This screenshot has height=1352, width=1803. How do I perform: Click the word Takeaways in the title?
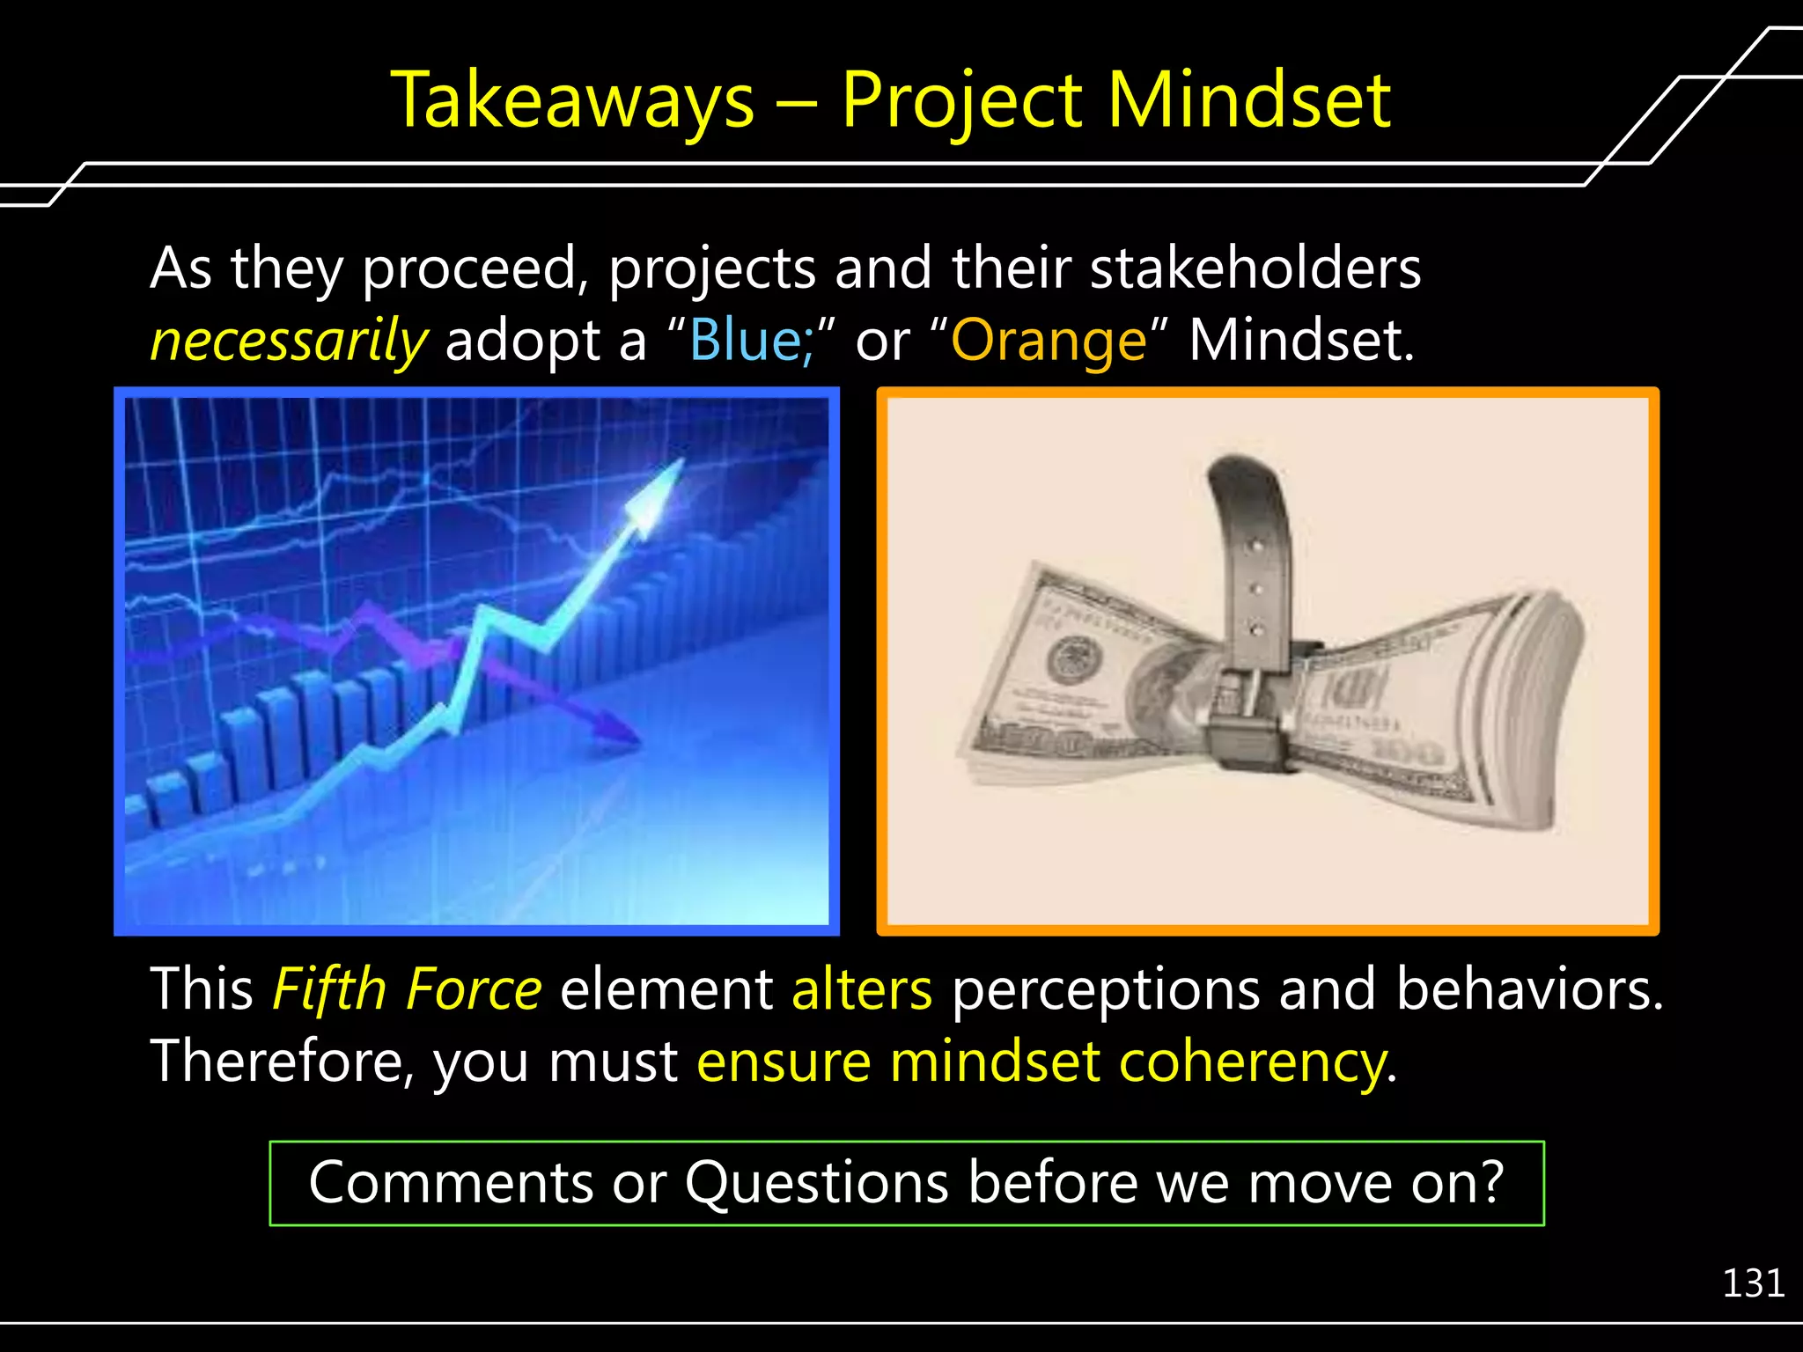(573, 101)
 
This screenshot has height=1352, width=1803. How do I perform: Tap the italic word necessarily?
(290, 342)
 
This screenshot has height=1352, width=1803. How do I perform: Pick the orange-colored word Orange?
(1049, 342)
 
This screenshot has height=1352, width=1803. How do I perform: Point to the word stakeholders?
(1255, 268)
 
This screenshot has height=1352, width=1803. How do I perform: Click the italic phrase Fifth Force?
(407, 989)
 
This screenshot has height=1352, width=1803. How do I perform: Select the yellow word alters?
(861, 989)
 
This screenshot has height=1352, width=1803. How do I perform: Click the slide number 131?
(1753, 1283)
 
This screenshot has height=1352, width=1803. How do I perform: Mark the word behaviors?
(1528, 989)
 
